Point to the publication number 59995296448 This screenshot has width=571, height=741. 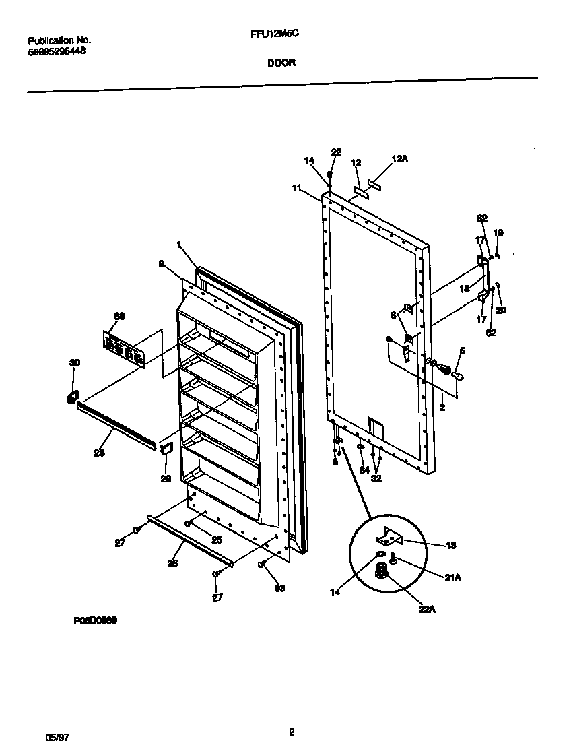[x=57, y=51]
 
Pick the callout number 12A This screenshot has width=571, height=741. [x=400, y=159]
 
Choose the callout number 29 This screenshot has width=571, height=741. [x=166, y=479]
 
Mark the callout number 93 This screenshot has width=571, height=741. [x=279, y=588]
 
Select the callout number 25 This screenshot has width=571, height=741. [x=217, y=540]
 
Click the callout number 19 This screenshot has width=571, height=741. [x=498, y=232]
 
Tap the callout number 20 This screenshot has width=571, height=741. [x=502, y=310]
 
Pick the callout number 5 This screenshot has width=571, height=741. [x=463, y=350]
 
